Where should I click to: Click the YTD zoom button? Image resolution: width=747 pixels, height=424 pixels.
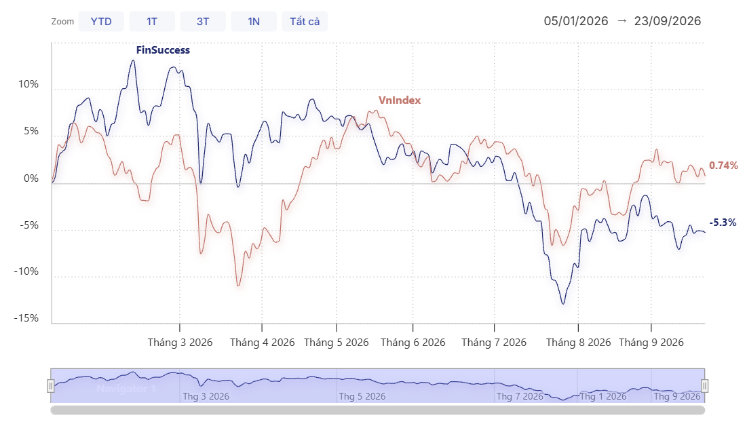point(101,22)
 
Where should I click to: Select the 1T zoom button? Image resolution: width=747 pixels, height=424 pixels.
point(152,22)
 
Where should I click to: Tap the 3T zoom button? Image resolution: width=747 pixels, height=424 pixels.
point(203,22)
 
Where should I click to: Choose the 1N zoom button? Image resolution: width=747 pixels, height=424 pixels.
point(254,22)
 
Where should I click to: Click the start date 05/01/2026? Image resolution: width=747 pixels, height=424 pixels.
point(576,21)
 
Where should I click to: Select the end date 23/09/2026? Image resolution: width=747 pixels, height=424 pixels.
point(668,21)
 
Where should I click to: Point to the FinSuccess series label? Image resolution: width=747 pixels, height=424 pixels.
point(163,50)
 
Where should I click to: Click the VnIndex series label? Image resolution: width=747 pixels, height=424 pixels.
point(400,100)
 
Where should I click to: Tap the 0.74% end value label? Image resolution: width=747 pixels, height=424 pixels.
point(723,166)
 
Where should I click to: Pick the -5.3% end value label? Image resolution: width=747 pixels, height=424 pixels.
point(723,223)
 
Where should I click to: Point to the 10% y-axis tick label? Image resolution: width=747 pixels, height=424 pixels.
point(28,84)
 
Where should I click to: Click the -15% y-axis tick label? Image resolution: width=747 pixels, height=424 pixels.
point(26,318)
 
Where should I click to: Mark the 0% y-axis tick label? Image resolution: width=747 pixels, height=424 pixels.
point(31,178)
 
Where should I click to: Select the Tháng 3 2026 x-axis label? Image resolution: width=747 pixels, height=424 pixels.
point(180,343)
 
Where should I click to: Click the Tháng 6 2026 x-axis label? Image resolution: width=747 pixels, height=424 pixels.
point(413,343)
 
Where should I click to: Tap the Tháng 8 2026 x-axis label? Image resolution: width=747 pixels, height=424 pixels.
point(578,343)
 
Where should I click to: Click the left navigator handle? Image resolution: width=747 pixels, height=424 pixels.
point(50,386)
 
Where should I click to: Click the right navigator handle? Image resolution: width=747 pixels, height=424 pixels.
point(705,386)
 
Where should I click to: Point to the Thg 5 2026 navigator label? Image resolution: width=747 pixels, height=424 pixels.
point(362,396)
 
